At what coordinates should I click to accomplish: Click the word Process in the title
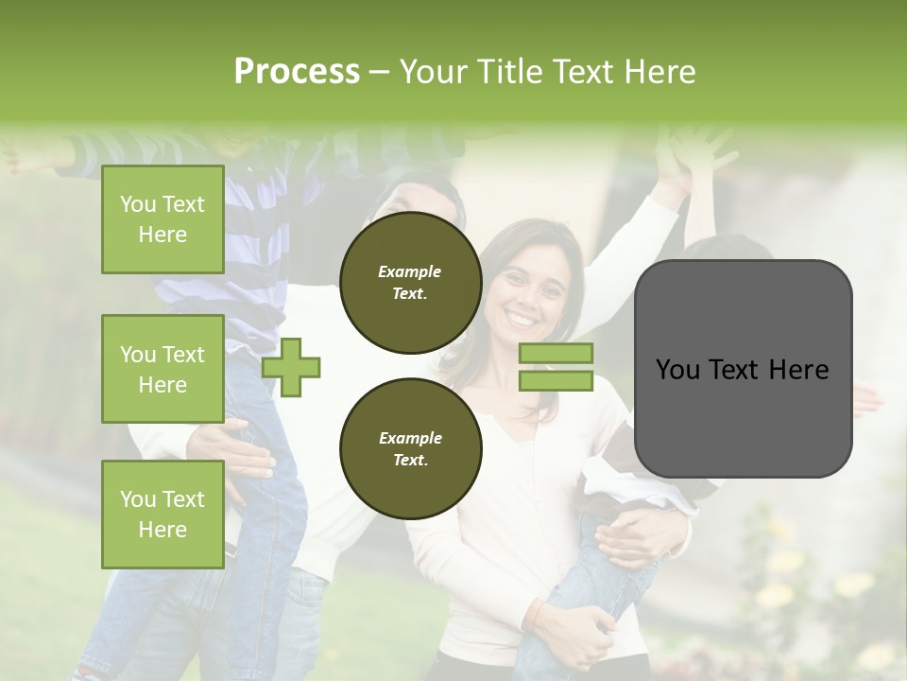297,72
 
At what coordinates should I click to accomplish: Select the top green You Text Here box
163,219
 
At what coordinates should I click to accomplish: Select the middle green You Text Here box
163,369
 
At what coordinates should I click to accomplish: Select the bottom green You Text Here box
163,514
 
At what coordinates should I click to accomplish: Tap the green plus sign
291,367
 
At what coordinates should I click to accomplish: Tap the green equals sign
556,367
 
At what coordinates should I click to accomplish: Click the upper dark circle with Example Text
410,282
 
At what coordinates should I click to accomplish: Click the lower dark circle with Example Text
410,448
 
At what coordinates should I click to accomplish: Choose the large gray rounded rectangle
743,369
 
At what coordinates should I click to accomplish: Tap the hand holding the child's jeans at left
236,454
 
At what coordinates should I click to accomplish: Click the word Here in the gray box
798,370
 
